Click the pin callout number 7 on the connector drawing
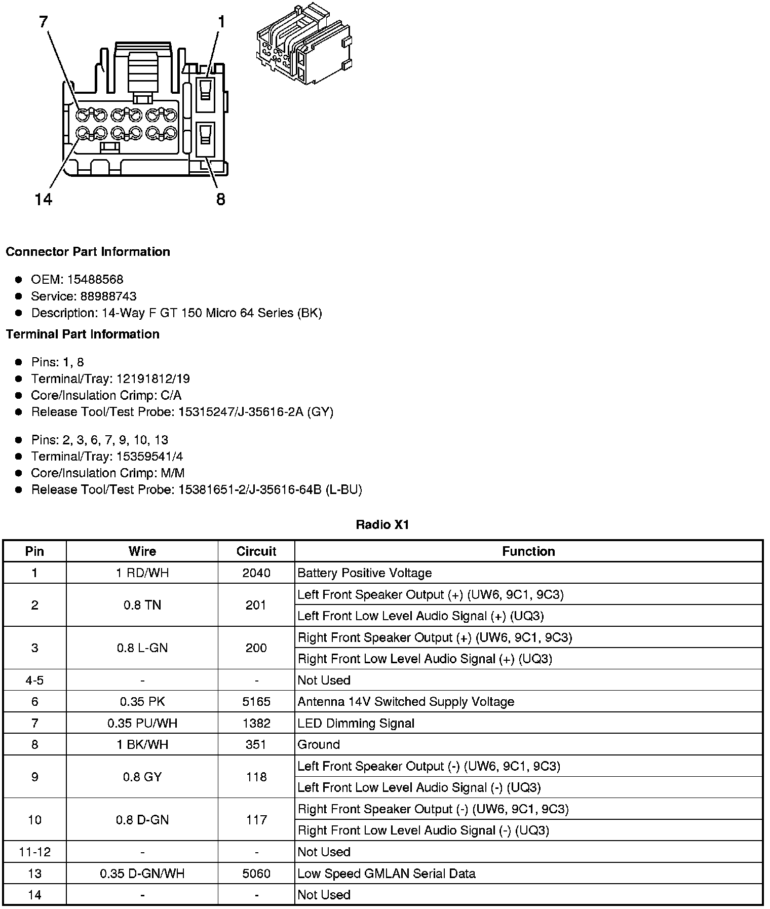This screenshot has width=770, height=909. click(x=43, y=22)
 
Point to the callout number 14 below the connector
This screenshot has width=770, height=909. click(x=44, y=200)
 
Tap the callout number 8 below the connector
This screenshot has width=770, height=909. click(x=220, y=200)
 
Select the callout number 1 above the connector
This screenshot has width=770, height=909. click(x=221, y=22)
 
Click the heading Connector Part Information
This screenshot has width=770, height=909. click(x=88, y=252)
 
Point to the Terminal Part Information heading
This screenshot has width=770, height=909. click(x=83, y=334)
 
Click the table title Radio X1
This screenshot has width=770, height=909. click(x=382, y=524)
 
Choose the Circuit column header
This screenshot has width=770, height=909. click(x=256, y=551)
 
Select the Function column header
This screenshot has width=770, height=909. click(x=528, y=551)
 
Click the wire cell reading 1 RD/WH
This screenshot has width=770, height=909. click(x=142, y=573)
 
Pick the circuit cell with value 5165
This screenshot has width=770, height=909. click(x=256, y=702)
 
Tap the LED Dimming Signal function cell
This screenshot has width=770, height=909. click(x=356, y=723)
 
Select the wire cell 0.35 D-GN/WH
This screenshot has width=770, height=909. click(x=142, y=874)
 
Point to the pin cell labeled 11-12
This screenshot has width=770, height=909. click(x=34, y=852)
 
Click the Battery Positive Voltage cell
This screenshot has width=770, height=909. click(x=365, y=573)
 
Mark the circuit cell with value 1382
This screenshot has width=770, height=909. click(x=256, y=723)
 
